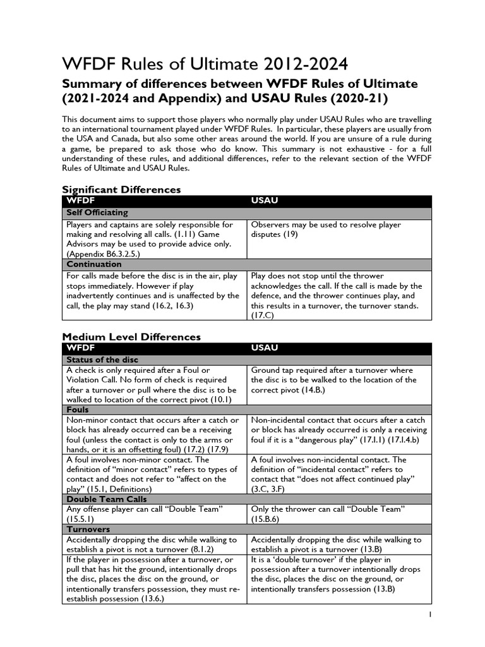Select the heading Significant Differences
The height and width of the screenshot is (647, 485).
pyautogui.click(x=121, y=190)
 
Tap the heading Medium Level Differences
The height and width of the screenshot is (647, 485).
pyautogui.click(x=131, y=337)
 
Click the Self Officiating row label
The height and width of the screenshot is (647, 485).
pyautogui.click(x=97, y=212)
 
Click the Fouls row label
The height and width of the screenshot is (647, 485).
pyautogui.click(x=78, y=409)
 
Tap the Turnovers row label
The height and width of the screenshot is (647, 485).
pyautogui.click(x=88, y=529)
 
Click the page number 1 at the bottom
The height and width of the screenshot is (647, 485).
pyautogui.click(x=430, y=614)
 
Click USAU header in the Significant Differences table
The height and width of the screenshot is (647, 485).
pyautogui.click(x=265, y=200)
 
